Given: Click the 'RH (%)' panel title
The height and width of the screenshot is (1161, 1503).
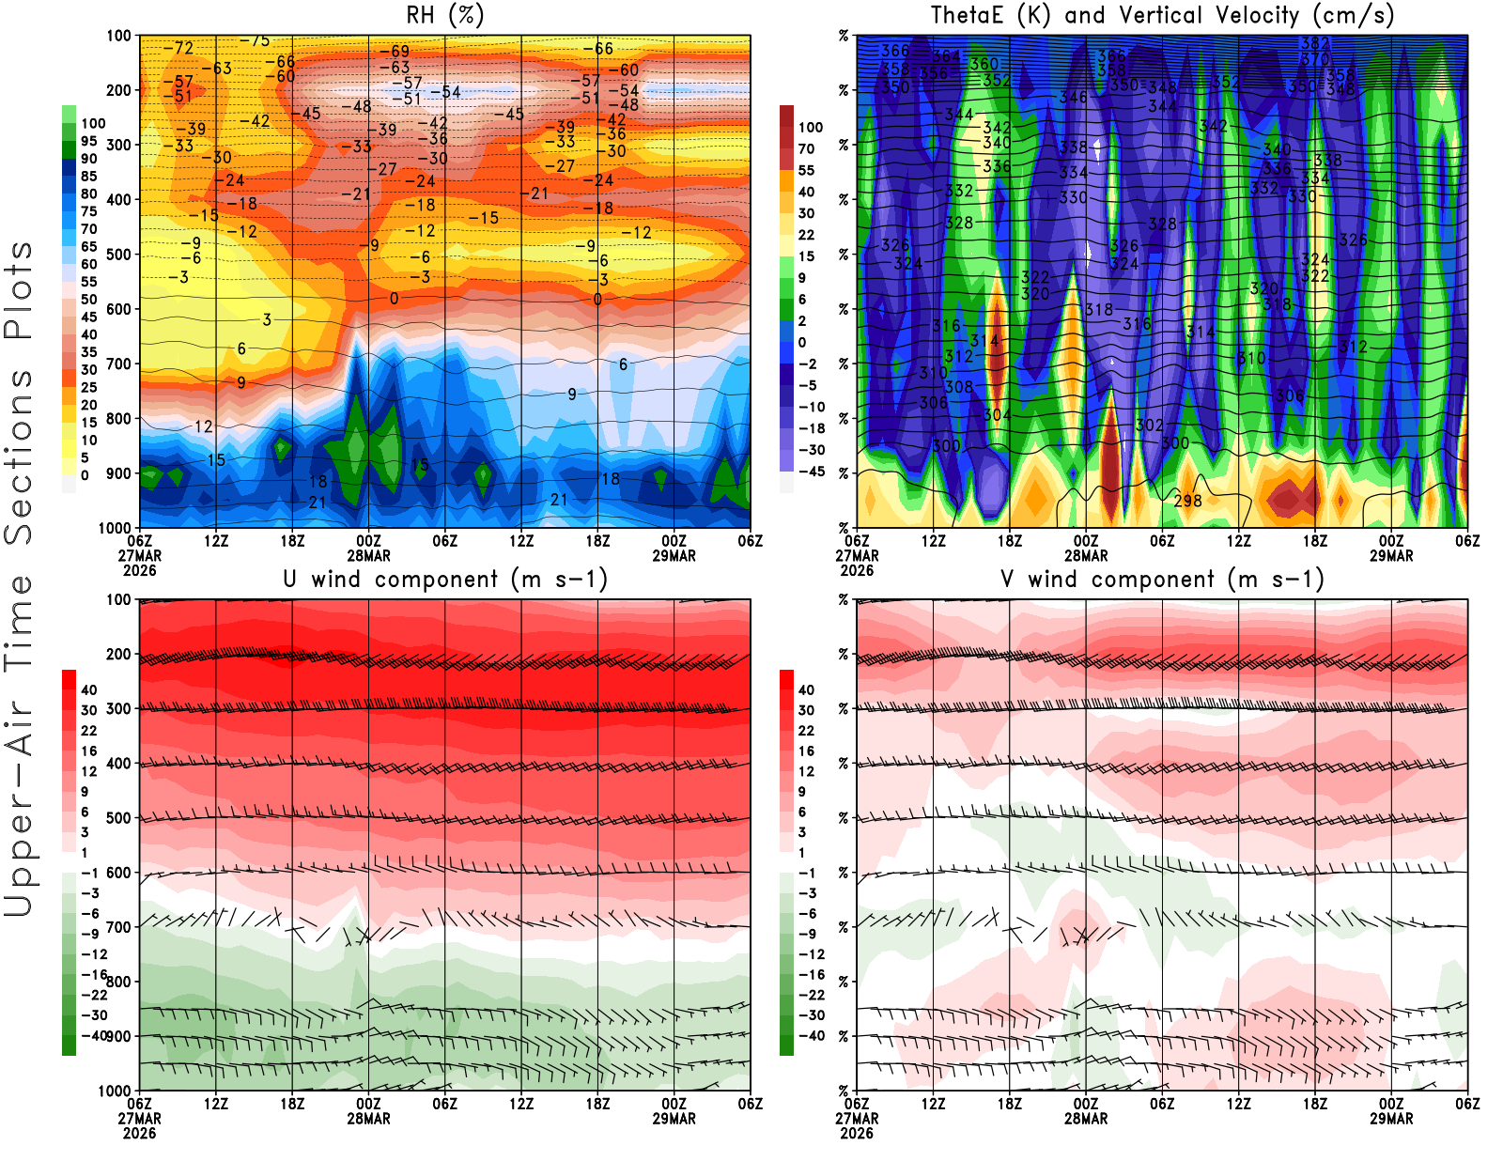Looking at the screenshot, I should click(445, 15).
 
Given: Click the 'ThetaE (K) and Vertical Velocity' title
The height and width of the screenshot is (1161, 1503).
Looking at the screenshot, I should click(1162, 15).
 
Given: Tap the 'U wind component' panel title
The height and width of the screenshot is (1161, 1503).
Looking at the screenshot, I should click(445, 580).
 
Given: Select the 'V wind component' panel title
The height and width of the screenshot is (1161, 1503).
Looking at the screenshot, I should click(1162, 580).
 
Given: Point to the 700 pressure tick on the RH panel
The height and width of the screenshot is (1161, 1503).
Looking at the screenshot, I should click(119, 364).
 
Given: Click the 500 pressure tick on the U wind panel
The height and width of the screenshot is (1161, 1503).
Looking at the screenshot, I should click(119, 818).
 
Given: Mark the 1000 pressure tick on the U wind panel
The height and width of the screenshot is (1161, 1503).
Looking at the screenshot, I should click(116, 1091).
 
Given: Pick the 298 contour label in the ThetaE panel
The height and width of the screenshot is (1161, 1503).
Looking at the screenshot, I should click(1187, 501).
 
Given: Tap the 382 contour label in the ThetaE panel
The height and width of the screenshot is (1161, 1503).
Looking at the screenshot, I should click(1314, 43).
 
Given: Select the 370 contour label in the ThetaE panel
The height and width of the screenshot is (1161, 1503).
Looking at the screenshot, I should click(1314, 58).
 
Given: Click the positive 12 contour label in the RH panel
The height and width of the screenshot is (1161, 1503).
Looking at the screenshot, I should click(204, 426).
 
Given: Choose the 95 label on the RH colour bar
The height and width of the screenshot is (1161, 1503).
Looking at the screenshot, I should click(89, 141).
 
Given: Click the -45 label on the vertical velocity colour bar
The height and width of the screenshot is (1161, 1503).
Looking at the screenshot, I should click(811, 472).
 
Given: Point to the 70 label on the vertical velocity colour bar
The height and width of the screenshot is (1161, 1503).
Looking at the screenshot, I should click(806, 148).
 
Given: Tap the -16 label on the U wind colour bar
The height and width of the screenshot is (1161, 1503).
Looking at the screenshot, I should click(94, 975).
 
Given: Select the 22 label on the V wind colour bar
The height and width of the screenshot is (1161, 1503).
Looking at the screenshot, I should click(806, 731).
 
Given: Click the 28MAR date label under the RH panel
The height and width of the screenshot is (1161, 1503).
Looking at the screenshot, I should click(368, 555).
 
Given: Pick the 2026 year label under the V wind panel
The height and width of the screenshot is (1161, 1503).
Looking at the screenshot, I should click(857, 1133).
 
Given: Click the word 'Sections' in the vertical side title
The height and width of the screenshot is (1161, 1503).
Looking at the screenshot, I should click(19, 457).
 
